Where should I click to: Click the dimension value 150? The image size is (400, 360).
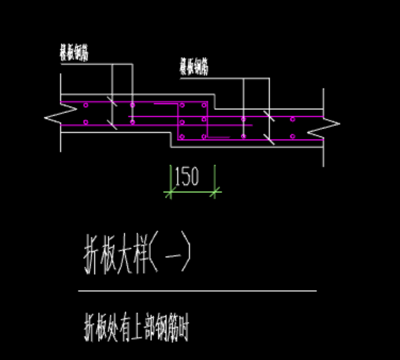click(187, 177)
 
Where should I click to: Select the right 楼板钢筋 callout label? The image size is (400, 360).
click(194, 67)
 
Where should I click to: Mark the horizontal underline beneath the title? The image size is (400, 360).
click(197, 291)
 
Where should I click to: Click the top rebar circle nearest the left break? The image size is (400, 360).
click(86, 105)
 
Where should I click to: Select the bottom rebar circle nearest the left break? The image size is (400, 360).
click(86, 123)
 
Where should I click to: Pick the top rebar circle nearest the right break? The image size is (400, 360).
click(292, 119)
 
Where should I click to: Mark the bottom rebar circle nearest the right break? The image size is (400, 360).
click(292, 137)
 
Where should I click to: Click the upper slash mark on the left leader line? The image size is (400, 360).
click(112, 102)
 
